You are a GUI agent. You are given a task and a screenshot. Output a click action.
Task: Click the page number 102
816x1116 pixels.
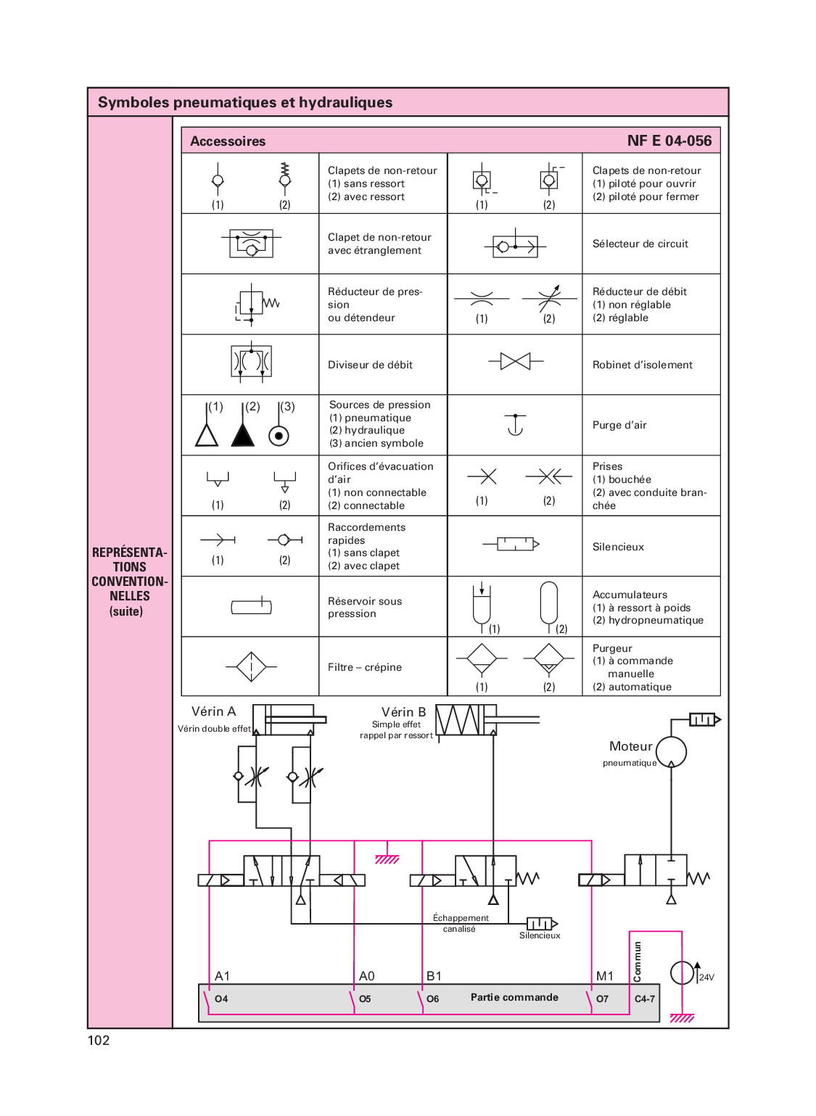tap(99, 1041)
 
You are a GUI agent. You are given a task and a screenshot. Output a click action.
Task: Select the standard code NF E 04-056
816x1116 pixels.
tap(669, 141)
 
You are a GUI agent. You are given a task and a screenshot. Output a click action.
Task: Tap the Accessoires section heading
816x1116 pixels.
tap(228, 141)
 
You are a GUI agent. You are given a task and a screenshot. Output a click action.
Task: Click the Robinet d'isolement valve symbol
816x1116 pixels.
tap(515, 360)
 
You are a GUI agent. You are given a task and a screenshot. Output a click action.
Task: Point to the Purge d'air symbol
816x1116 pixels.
tap(515, 425)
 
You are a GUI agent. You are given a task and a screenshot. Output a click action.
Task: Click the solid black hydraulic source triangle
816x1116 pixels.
tap(243, 434)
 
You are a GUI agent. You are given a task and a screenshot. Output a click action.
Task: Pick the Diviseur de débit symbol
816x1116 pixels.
tap(251, 361)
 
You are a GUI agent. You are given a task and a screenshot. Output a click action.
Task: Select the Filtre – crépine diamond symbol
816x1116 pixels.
tap(251, 666)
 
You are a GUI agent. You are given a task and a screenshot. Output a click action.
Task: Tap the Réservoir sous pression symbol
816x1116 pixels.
tap(251, 607)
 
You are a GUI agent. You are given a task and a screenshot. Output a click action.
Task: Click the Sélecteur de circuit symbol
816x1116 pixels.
tap(515, 247)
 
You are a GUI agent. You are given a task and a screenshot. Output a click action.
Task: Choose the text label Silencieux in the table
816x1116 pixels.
tap(618, 547)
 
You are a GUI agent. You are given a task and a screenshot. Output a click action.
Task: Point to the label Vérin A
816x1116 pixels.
tap(213, 711)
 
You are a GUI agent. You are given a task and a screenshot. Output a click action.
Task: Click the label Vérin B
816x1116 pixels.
tap(403, 712)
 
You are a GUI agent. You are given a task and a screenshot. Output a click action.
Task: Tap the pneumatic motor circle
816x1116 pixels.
tap(671, 752)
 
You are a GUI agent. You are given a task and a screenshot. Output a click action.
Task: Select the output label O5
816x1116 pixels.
tap(365, 999)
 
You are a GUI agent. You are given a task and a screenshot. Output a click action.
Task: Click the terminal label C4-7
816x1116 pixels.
tap(645, 999)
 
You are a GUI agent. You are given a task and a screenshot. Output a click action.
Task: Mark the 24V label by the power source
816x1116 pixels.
tap(706, 977)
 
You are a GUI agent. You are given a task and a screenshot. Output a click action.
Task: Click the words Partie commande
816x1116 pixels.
tap(514, 997)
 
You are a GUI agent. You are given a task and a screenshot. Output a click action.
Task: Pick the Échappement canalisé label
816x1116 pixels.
tap(461, 923)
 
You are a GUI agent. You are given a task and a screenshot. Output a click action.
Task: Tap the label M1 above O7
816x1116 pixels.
tap(604, 976)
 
